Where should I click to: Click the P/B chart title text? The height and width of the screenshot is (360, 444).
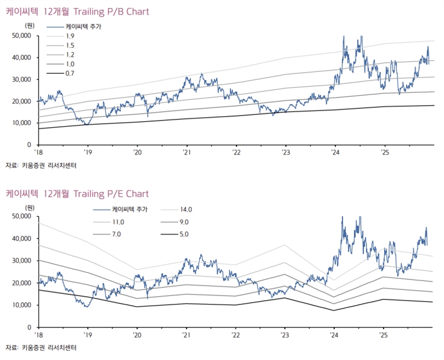pos(77,11)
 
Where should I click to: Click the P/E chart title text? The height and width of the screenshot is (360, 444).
pos(77,193)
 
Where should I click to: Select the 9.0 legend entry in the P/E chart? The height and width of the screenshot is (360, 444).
pos(185,222)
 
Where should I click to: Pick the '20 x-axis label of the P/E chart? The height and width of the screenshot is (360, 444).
pos(137,335)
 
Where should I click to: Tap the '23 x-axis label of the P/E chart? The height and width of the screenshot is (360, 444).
pos(285,335)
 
